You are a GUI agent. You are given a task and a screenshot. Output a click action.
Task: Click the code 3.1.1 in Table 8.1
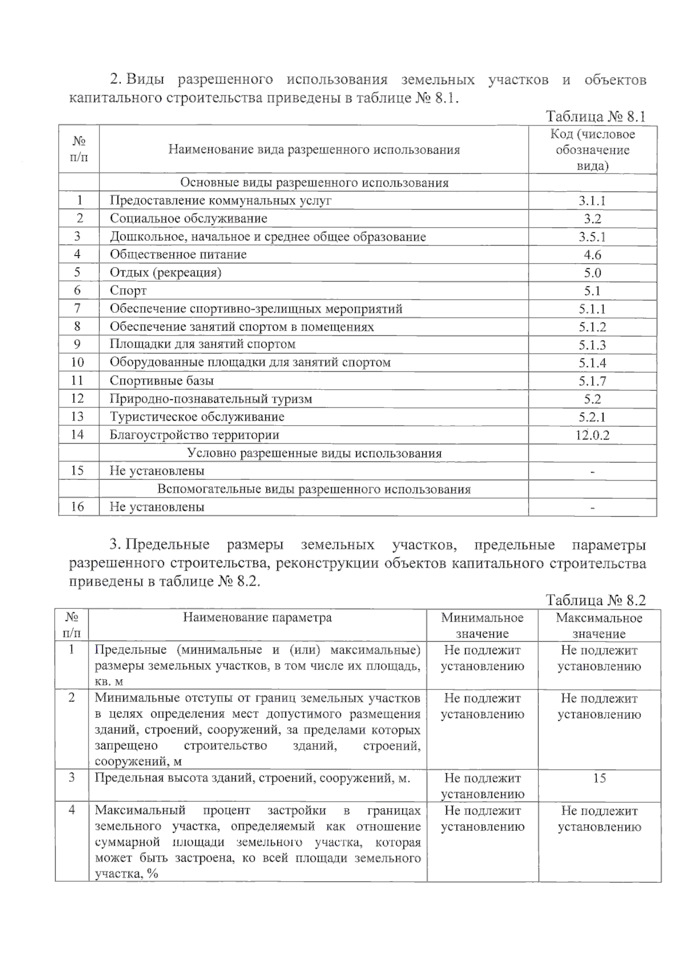tap(592, 201)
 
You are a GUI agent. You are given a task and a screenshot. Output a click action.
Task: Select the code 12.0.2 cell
tap(592, 435)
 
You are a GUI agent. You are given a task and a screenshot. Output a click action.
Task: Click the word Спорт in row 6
tap(128, 290)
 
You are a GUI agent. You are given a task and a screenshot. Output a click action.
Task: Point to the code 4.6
tap(592, 255)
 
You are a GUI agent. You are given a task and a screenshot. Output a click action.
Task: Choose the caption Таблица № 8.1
tap(595, 117)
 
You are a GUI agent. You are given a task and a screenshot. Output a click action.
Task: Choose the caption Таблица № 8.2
tap(595, 600)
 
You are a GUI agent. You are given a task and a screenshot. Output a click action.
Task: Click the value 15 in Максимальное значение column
tap(599, 778)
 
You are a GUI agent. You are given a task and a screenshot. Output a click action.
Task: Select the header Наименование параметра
tap(257, 618)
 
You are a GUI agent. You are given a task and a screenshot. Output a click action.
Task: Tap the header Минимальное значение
tap(482, 625)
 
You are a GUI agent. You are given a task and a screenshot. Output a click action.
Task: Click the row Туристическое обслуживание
tap(197, 417)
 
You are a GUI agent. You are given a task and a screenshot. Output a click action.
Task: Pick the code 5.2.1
tap(592, 417)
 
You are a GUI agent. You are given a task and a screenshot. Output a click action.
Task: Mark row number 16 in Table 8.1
tap(78, 507)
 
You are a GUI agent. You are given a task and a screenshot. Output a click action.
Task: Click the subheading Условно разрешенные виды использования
tap(315, 454)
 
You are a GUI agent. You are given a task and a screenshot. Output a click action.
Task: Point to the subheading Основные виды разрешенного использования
tap(315, 183)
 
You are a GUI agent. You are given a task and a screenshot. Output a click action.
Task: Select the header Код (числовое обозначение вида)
tap(592, 150)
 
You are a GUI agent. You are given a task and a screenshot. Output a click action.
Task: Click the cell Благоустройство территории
tap(195, 435)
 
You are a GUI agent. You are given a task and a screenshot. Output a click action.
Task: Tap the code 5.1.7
tap(592, 381)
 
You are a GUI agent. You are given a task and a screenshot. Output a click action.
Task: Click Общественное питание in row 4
tap(178, 255)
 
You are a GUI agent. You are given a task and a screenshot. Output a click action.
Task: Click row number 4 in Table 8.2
tap(72, 810)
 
